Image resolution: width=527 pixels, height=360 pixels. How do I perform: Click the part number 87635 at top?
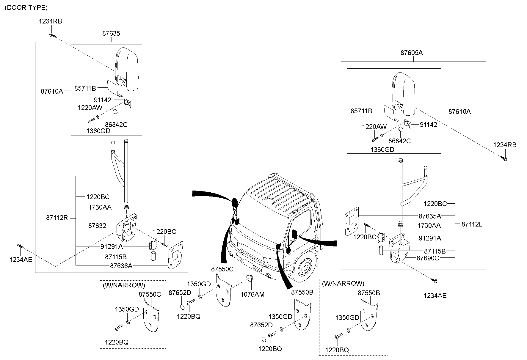tap(111, 33)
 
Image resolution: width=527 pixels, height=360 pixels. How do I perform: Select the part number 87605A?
tap(412, 53)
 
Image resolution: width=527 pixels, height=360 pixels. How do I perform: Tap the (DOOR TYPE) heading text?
tap(26, 8)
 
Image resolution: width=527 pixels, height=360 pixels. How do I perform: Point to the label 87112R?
tap(57, 218)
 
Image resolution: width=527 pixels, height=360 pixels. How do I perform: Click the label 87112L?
tap(472, 224)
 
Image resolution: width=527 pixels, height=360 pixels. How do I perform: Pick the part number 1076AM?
tap(252, 295)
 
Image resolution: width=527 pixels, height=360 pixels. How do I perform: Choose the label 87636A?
tap(121, 266)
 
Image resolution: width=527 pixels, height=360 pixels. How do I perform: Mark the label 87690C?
tap(428, 258)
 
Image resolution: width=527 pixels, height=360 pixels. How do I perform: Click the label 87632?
tap(97, 226)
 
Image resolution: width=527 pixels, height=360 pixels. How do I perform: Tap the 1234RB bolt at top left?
tap(52, 35)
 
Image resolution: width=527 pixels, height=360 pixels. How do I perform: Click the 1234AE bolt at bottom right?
tap(435, 281)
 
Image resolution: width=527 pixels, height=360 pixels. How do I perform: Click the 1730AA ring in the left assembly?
tap(126, 207)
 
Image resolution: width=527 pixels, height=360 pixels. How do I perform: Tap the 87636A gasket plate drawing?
tap(175, 255)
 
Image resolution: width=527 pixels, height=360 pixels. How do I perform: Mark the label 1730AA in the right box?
tap(429, 226)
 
